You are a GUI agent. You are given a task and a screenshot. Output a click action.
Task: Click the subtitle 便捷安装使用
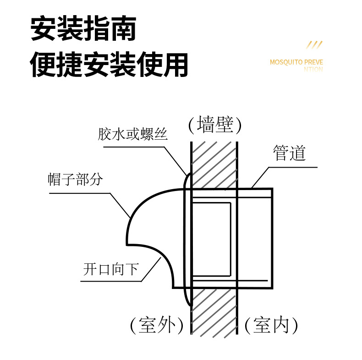point(110,64)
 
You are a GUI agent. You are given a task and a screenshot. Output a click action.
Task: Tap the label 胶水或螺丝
point(133,135)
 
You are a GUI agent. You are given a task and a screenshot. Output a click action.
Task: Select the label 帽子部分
point(75,180)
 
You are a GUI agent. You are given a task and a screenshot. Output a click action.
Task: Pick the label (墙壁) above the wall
point(214,125)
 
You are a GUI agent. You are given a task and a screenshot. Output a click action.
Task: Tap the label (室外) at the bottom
point(157,326)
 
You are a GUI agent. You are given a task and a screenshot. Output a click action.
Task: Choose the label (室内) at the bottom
point(271,326)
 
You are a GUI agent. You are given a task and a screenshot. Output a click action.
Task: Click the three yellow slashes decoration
point(314,45)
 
